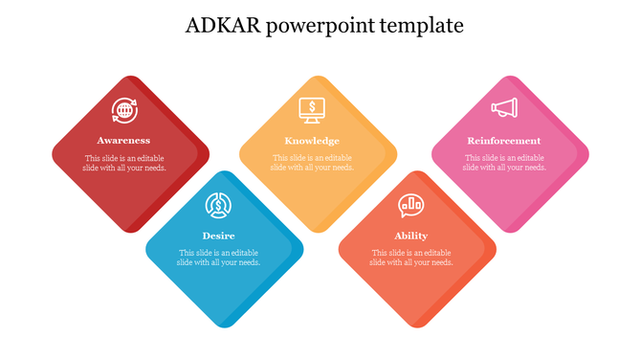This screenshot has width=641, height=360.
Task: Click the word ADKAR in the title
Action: [219, 26]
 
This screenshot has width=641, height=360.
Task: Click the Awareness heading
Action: [123, 141]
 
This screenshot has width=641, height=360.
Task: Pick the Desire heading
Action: [219, 236]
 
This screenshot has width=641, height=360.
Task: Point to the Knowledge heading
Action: [312, 141]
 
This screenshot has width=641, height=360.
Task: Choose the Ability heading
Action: [411, 236]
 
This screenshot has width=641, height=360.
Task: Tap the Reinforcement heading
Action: [504, 141]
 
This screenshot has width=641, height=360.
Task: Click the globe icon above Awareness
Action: [123, 111]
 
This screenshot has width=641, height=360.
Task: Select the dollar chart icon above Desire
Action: [219, 205]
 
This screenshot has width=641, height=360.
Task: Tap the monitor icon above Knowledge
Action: [312, 110]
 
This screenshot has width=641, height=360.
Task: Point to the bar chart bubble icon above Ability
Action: [411, 205]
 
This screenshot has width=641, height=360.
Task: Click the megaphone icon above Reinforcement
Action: [504, 109]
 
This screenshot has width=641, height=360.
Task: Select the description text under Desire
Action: [219, 258]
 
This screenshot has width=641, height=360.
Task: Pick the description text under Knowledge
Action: [312, 163]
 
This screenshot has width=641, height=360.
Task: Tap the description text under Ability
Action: [411, 258]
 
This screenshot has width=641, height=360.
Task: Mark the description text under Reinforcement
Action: [504, 163]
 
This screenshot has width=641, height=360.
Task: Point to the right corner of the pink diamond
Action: [587, 154]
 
